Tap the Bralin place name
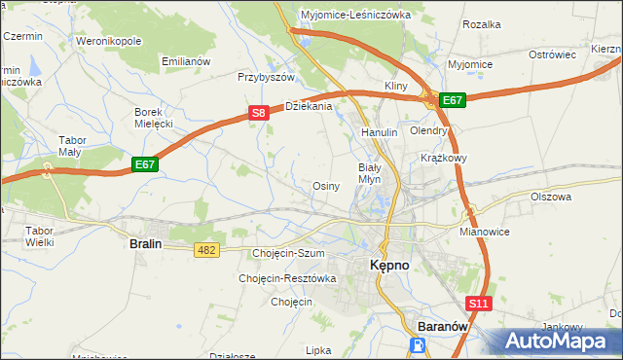[x=145, y=244]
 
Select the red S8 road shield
[x=258, y=113]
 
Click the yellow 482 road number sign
[x=206, y=250]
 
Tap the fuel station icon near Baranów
[x=418, y=345]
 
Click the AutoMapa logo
[x=562, y=342]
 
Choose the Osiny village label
[x=325, y=186]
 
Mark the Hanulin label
[x=380, y=132]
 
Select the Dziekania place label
[x=309, y=106]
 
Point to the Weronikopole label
[x=109, y=42]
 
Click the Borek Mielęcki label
[x=153, y=118]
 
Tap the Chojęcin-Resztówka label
[x=287, y=278]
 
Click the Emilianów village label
[x=186, y=61]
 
